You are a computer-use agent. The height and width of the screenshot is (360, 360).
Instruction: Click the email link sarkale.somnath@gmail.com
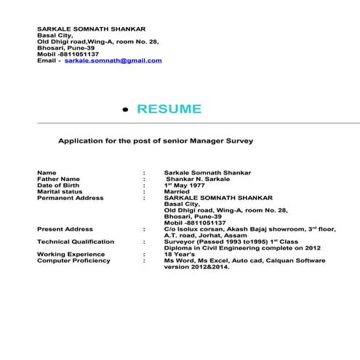[x=113, y=60]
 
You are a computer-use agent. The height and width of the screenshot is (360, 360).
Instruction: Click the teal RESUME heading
[x=169, y=109]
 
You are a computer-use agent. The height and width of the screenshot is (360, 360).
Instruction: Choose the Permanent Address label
[x=70, y=198]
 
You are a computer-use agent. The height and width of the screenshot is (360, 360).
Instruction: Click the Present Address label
[x=65, y=228]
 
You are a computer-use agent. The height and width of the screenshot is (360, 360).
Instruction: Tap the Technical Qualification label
[x=76, y=241]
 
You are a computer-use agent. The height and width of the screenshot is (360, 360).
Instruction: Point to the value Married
[x=177, y=191]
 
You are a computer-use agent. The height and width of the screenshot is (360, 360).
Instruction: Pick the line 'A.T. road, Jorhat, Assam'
[x=207, y=235]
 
